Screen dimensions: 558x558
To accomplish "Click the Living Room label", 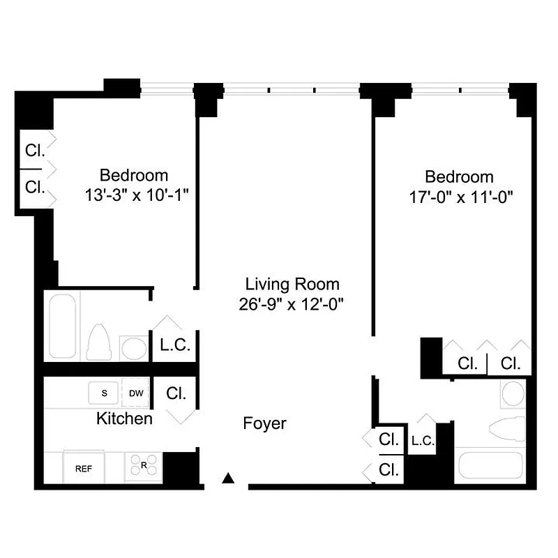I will [x=292, y=284].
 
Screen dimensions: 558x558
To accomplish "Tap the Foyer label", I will [x=264, y=423].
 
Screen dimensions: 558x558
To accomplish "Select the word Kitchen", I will [x=124, y=418].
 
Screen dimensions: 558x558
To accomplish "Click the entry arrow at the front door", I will [x=227, y=478].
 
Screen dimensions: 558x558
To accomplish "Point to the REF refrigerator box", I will [x=84, y=468].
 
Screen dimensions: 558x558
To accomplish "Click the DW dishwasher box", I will [x=136, y=393].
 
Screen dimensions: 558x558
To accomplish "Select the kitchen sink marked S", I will [x=105, y=393].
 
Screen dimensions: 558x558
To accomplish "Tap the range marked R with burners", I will [x=143, y=467].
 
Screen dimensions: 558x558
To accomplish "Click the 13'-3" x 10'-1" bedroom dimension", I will [x=137, y=195].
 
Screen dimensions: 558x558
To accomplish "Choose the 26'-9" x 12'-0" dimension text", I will [x=293, y=303].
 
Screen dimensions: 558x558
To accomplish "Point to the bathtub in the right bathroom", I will [x=490, y=465].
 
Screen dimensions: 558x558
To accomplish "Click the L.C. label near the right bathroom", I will [x=423, y=440].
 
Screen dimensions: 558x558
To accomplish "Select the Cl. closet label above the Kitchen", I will [x=176, y=393].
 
